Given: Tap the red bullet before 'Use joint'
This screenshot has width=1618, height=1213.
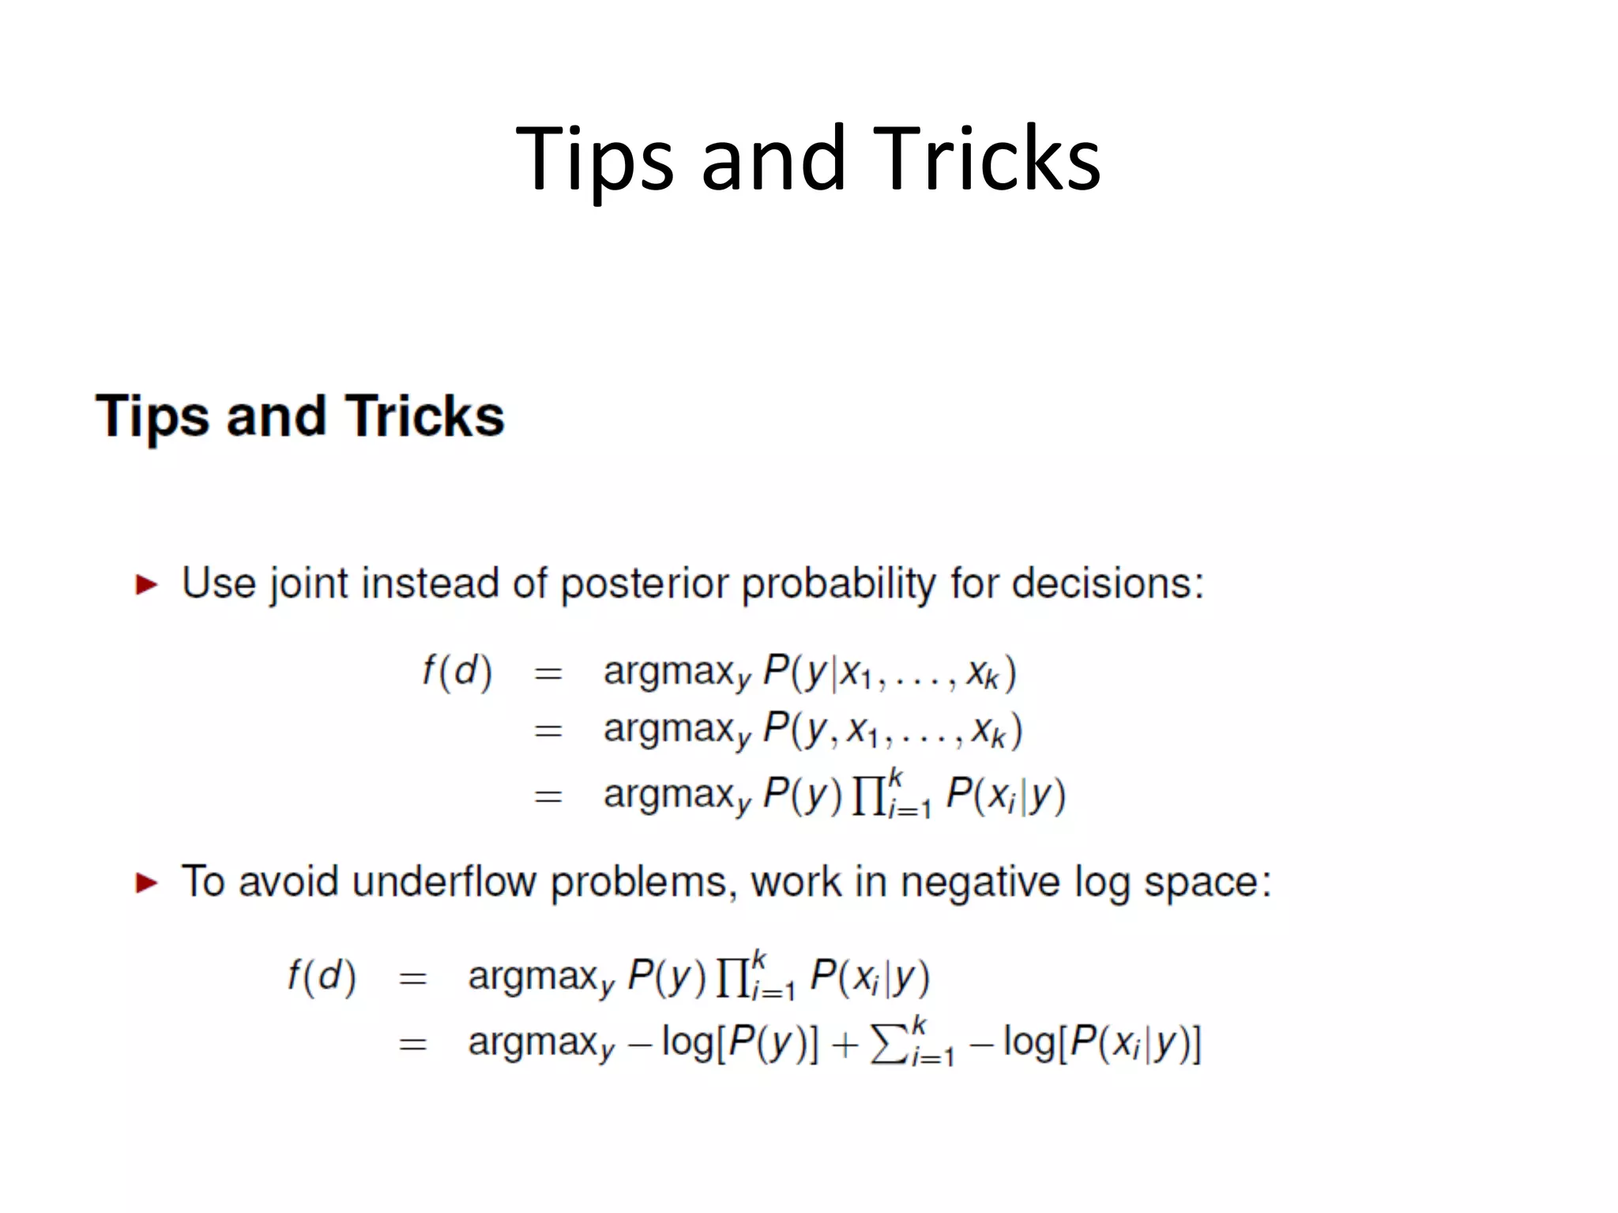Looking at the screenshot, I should [147, 585].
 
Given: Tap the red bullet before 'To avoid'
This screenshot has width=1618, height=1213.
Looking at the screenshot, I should [147, 883].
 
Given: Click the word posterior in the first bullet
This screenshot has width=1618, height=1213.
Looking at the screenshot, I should [645, 584].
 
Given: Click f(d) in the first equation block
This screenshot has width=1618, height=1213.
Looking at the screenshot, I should [457, 672].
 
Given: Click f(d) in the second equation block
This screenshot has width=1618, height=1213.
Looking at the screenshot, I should [322, 977].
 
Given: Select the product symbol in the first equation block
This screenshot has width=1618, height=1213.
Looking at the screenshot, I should [868, 796].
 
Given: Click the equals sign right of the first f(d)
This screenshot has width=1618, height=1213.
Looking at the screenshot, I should [548, 674].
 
